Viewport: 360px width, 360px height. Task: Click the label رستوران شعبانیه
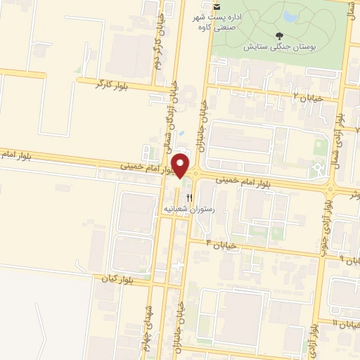[x=188, y=209]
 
